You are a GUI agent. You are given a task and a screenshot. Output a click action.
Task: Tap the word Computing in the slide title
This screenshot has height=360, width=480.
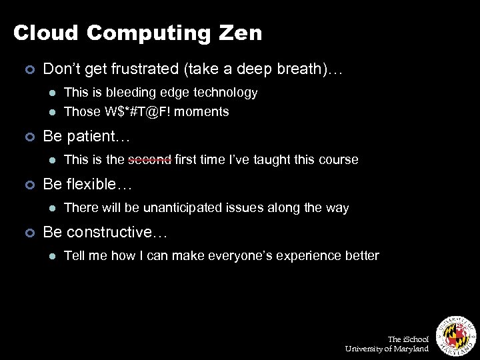pyautogui.click(x=143, y=33)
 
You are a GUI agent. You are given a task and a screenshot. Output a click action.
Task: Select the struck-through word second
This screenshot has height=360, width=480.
pyautogui.click(x=150, y=159)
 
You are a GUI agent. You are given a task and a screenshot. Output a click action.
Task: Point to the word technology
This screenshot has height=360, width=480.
pyautogui.click(x=225, y=92)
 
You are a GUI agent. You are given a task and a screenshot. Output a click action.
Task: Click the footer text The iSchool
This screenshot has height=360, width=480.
pyautogui.click(x=409, y=339)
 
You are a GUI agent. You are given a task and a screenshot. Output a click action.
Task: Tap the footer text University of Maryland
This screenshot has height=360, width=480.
pyautogui.click(x=387, y=349)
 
